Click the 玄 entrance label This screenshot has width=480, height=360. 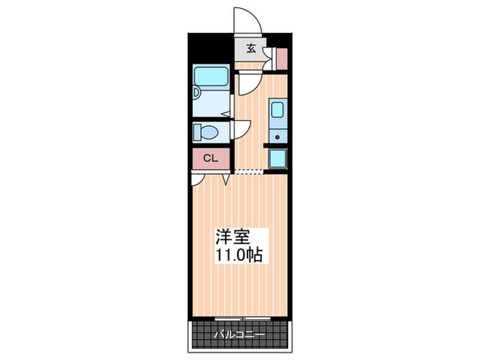251,48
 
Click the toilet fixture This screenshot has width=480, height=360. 206,131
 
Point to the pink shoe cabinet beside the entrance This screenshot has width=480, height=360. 281,58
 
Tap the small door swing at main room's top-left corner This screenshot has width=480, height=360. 197,178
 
